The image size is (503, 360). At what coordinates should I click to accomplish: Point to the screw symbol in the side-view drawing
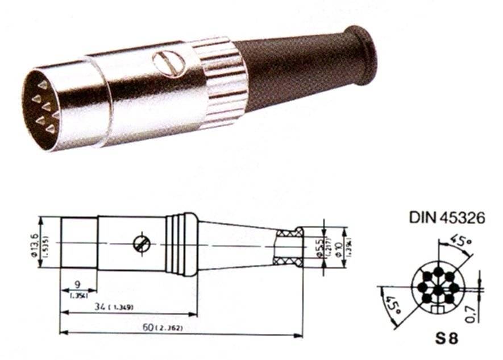coord(142,244)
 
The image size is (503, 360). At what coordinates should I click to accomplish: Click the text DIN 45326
coord(447,218)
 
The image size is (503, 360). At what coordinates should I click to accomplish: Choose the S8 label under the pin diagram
coord(447,337)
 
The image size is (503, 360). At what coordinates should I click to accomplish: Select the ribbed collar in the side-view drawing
coord(182,244)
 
